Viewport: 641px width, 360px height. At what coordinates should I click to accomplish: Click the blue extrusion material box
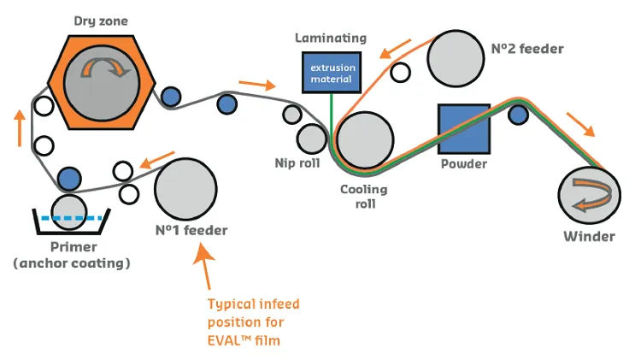point(332,73)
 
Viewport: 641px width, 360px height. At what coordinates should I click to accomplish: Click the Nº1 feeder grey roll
point(185,188)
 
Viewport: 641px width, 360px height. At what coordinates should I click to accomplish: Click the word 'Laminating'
point(330,38)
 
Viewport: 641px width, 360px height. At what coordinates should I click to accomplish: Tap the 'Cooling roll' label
point(367,197)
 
